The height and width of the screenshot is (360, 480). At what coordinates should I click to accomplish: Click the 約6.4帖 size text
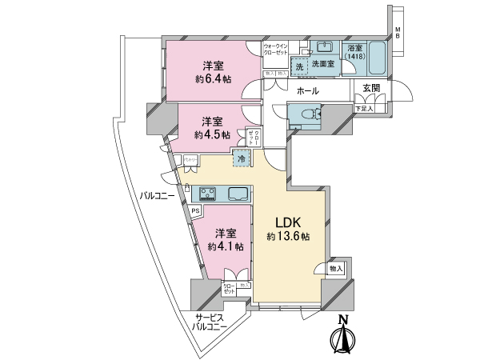pyautogui.click(x=213, y=79)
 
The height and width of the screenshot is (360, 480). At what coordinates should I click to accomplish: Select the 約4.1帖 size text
pyautogui.click(x=224, y=247)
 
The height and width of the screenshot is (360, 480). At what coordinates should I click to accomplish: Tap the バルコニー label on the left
pyautogui.click(x=158, y=194)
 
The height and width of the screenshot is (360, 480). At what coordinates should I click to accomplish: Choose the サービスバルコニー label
pyautogui.click(x=211, y=322)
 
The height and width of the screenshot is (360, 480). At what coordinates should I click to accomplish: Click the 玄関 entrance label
pyautogui.click(x=371, y=88)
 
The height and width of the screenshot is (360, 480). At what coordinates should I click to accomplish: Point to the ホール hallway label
pyautogui.click(x=307, y=92)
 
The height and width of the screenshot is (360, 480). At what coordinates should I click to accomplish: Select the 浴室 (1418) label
pyautogui.click(x=355, y=53)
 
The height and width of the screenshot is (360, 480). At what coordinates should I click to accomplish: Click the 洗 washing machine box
pyautogui.click(x=299, y=67)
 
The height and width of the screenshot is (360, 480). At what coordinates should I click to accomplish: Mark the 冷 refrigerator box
pyautogui.click(x=241, y=158)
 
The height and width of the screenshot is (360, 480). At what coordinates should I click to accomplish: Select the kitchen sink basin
pyautogui.click(x=239, y=193)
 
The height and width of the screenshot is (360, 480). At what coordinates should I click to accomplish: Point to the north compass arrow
pyautogui.click(x=344, y=337)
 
